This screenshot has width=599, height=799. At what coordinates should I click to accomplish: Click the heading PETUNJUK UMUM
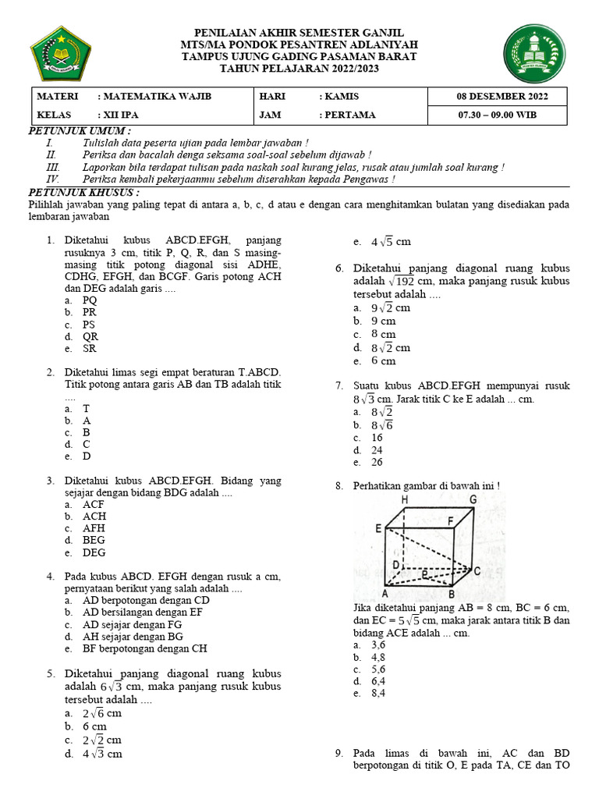[80, 129]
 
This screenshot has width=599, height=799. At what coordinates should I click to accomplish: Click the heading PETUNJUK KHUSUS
[83, 191]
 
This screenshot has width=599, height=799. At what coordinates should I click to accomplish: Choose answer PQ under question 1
[90, 300]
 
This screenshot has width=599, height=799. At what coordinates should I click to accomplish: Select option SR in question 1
[90, 349]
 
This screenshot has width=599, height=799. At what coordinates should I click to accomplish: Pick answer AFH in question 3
[94, 528]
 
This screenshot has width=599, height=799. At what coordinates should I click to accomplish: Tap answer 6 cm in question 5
[94, 726]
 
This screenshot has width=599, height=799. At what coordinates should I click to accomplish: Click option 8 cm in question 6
[383, 334]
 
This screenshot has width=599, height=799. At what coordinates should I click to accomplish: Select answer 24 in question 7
[377, 450]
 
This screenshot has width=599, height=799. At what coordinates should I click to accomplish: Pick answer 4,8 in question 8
[377, 658]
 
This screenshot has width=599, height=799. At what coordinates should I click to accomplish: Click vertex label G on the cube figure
[473, 500]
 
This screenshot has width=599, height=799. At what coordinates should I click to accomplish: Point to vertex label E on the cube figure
[377, 528]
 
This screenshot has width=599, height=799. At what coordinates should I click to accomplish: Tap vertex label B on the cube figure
[452, 594]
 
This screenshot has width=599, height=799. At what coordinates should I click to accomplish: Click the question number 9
[338, 753]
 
